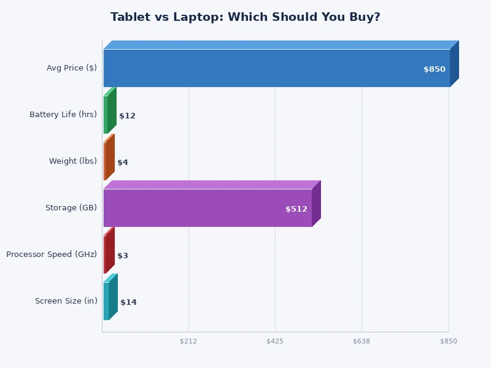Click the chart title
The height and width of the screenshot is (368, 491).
(245, 17)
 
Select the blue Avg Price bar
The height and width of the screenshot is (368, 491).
(276, 68)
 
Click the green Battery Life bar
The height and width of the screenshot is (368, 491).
(107, 115)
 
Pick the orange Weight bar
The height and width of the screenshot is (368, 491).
(106, 161)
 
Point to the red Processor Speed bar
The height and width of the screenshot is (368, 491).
(106, 255)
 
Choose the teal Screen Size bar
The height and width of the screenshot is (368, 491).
(107, 301)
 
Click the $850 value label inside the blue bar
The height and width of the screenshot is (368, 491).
(435, 69)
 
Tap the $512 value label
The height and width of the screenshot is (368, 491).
(296, 209)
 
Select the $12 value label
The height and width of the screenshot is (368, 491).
(127, 116)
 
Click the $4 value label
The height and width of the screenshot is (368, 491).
(123, 163)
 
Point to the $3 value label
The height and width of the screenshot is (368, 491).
(123, 256)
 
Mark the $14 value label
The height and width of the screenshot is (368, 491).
(128, 302)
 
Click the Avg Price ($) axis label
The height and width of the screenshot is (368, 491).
(72, 68)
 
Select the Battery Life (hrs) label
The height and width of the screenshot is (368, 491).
(63, 115)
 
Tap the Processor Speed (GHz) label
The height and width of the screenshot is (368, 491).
(52, 255)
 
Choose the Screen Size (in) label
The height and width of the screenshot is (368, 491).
(66, 301)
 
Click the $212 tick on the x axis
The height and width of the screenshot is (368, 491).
(188, 341)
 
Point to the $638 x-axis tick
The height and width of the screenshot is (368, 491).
(361, 341)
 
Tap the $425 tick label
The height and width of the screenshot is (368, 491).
(275, 341)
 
